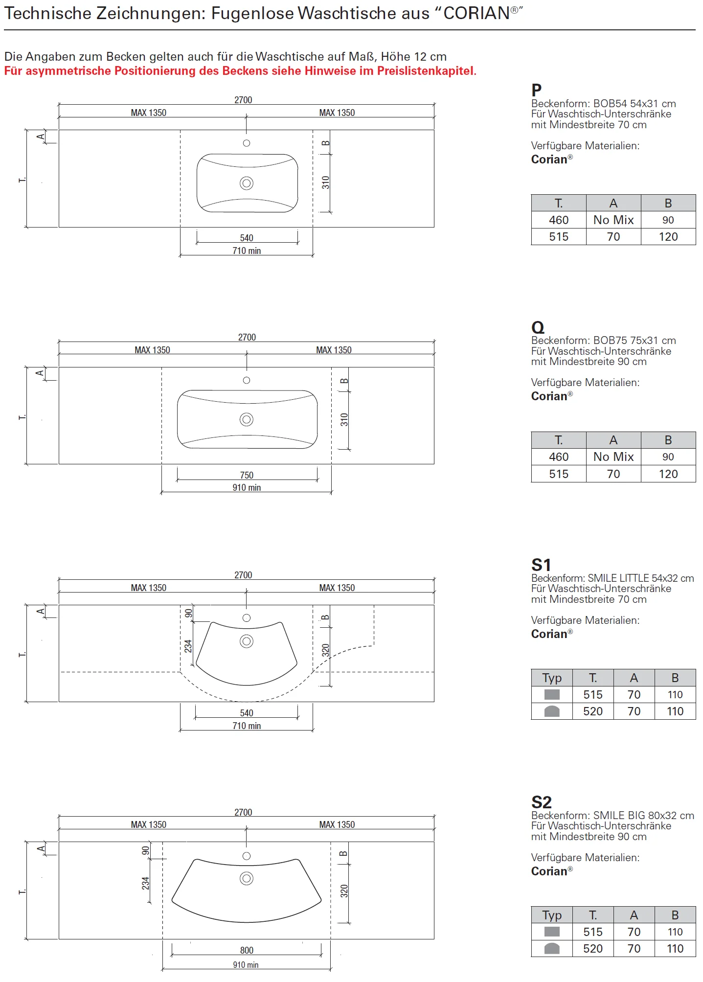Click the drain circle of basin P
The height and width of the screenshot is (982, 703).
tap(247, 183)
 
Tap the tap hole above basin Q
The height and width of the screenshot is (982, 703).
tap(247, 380)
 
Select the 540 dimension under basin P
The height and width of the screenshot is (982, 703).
tap(247, 238)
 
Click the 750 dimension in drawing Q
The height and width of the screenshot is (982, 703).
tap(247, 475)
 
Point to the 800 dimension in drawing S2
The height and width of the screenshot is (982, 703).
tap(247, 950)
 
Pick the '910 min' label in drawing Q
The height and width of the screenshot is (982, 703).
tap(247, 487)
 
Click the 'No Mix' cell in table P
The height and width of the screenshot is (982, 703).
tap(613, 220)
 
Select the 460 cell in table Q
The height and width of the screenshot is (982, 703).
tap(559, 457)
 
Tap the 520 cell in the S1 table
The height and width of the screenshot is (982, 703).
tap(593, 711)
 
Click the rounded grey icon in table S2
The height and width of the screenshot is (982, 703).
tap(552, 948)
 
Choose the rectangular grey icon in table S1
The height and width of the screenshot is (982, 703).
tap(552, 694)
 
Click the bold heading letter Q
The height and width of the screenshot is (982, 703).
tap(538, 327)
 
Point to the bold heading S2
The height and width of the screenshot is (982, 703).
tap(542, 802)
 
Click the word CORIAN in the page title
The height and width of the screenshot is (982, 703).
tap(477, 13)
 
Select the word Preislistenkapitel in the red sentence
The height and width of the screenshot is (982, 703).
tap(425, 71)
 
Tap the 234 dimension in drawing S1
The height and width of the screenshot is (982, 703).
tap(188, 646)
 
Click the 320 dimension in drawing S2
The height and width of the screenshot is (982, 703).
tap(344, 891)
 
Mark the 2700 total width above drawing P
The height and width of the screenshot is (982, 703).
tap(243, 100)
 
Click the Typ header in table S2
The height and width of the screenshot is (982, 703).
tap(552, 915)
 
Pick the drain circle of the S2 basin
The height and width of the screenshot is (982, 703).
tap(247, 878)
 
